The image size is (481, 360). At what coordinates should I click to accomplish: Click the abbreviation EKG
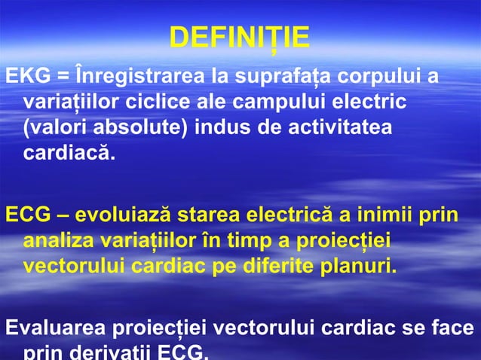23,76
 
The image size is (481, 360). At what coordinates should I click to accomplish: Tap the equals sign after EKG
58,76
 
